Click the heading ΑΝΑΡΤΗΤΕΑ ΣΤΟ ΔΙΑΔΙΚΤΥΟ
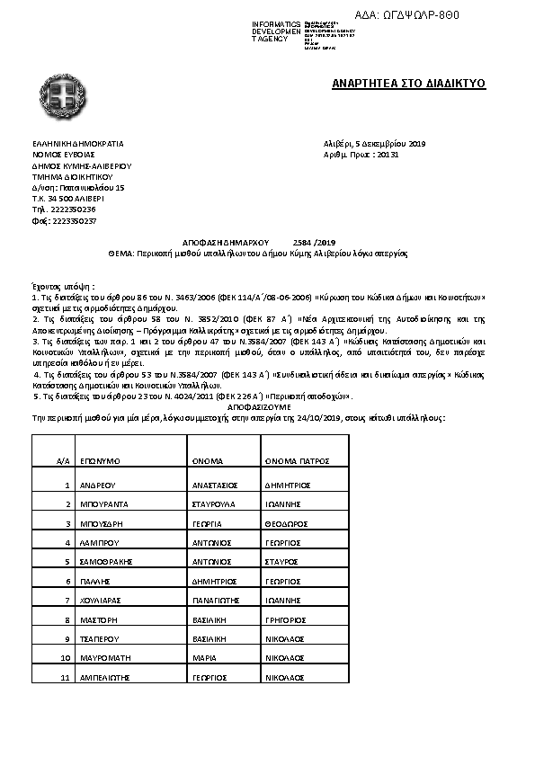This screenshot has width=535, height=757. [408, 84]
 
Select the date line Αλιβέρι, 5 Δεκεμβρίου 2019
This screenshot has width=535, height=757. [374, 144]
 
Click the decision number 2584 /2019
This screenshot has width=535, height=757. [314, 243]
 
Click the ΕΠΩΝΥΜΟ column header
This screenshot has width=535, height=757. [100, 459]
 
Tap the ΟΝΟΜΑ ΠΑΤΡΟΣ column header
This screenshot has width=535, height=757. [293, 459]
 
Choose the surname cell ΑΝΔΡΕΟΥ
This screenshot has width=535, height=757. [96, 485]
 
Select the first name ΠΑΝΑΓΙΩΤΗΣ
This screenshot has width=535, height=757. [218, 600]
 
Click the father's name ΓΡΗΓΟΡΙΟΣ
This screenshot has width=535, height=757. [287, 619]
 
